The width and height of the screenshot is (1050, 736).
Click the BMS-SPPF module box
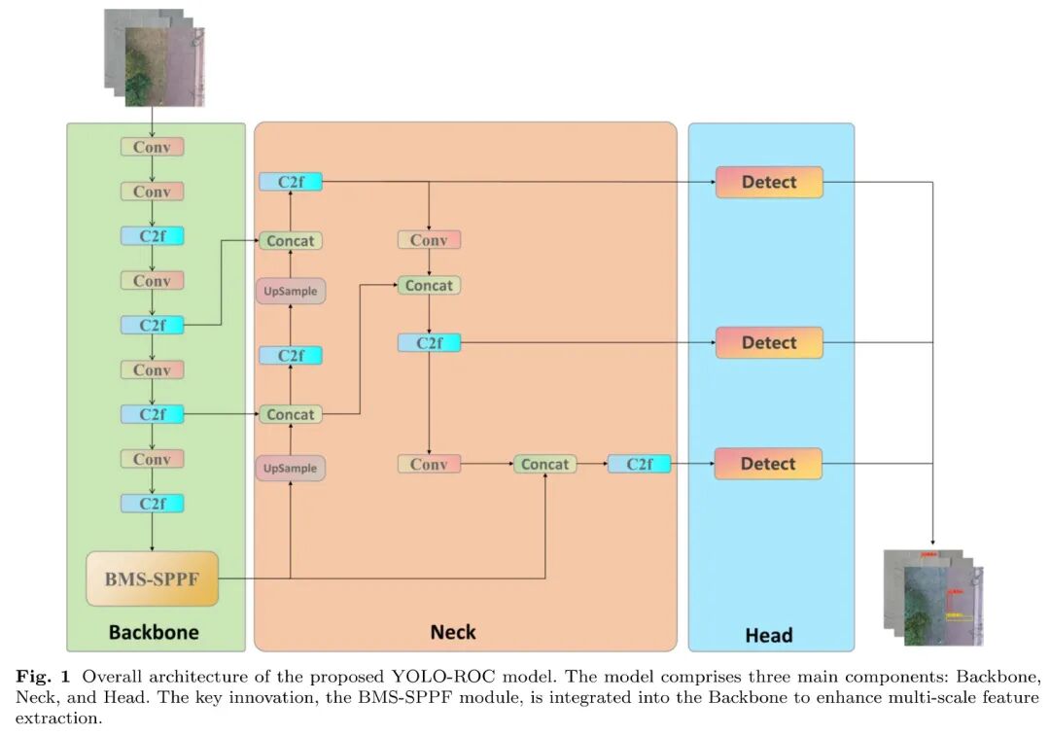click(x=152, y=578)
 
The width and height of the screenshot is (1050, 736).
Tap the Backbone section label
click(x=154, y=632)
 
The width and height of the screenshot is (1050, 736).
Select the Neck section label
click(x=453, y=632)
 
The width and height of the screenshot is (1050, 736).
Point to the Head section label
click(x=769, y=635)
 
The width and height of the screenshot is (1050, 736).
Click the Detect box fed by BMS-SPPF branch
click(x=768, y=464)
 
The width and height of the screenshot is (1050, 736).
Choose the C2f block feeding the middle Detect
click(x=429, y=342)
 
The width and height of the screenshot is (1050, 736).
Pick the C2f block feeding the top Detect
click(x=291, y=182)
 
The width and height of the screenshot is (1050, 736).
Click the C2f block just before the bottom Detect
click(x=639, y=464)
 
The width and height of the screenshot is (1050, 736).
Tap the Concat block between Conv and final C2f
click(x=544, y=464)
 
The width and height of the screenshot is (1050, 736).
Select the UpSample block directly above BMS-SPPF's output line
click(x=291, y=468)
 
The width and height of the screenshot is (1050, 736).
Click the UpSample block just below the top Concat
click(x=291, y=290)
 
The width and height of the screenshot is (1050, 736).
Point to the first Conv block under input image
click(x=152, y=147)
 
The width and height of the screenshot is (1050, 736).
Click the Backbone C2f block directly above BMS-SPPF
click(x=152, y=503)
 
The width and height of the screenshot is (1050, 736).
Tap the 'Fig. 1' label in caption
click(x=35, y=674)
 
